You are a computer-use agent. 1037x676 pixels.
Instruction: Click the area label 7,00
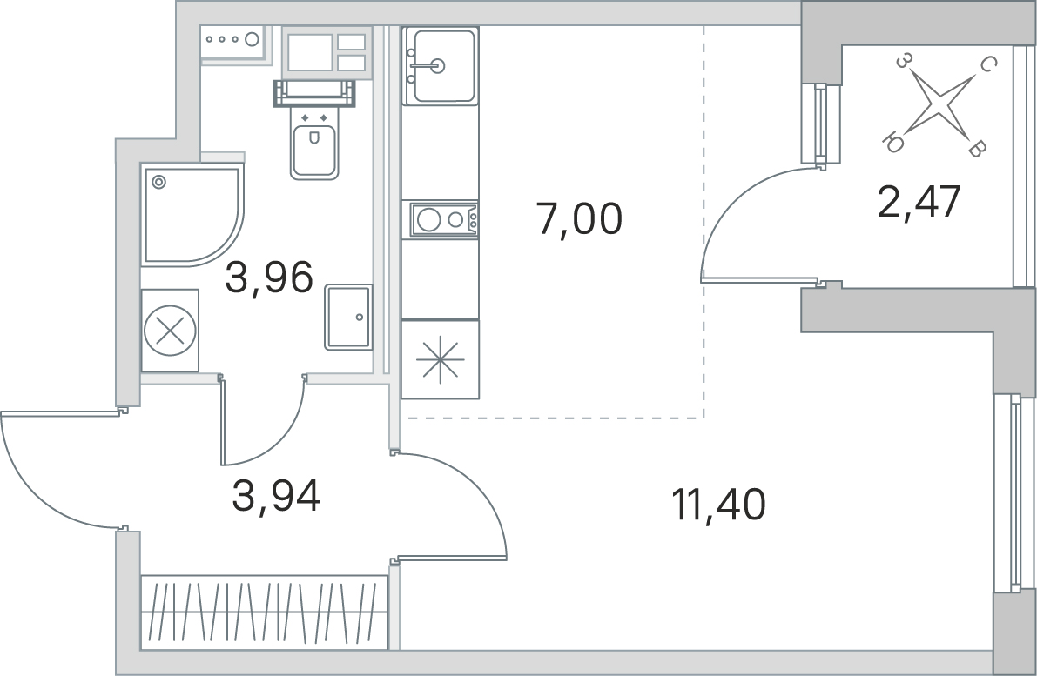[580, 219]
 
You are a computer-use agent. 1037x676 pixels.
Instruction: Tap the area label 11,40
[719, 505]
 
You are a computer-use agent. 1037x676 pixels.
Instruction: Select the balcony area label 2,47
[919, 202]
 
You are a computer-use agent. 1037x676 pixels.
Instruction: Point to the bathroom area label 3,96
[268, 277]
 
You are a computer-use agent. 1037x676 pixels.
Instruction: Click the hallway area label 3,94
[276, 496]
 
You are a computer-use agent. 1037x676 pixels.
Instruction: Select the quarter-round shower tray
[192, 216]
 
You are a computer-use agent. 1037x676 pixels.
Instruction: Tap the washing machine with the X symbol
[170, 330]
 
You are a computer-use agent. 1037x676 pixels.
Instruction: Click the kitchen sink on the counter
[441, 66]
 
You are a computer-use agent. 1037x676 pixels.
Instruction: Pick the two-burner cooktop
[444, 219]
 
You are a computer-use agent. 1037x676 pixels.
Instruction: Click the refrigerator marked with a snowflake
[440, 359]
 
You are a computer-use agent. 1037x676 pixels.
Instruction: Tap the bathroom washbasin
[348, 318]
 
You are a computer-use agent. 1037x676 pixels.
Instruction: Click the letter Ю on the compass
[894, 142]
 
